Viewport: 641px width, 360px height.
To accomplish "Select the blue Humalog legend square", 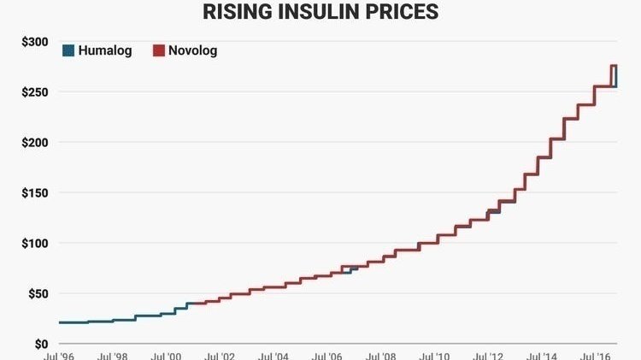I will pyautogui.click(x=68, y=50).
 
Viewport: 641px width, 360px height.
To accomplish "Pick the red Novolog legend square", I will pyautogui.click(x=157, y=50).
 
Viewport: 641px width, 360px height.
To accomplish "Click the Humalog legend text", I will pyautogui.click(x=107, y=50).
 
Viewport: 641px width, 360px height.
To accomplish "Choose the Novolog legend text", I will pyautogui.click(x=193, y=50).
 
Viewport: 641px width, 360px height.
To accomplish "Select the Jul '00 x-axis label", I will pyautogui.click(x=166, y=356).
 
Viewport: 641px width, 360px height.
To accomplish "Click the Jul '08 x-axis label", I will pyautogui.click(x=382, y=356).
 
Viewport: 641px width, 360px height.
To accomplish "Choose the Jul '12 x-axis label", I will pyautogui.click(x=490, y=356).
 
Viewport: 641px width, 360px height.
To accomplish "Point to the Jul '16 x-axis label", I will pyautogui.click(x=597, y=356).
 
